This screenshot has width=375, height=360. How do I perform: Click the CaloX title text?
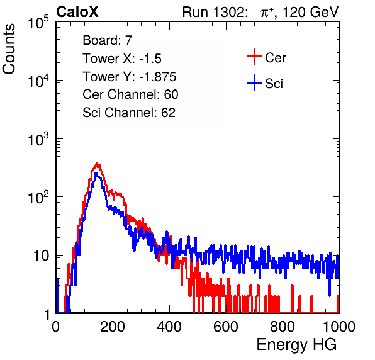coord(77,12)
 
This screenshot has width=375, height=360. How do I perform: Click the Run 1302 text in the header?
coord(215,12)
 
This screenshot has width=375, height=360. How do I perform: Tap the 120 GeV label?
coord(310,13)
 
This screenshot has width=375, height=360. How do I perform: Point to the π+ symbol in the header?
coord(267,13)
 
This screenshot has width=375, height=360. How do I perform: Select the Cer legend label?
coord(275,58)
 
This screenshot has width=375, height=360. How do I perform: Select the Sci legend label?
coord(274,84)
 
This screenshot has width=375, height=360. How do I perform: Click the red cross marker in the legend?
coord(254,57)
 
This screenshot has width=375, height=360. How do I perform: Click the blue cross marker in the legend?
coord(254,82)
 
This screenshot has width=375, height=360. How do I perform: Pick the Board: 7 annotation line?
coord(108,40)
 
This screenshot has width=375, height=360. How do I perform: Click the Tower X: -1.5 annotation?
coord(122,59)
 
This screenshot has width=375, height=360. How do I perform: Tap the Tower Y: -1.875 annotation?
coord(130,77)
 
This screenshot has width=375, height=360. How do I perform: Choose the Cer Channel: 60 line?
coord(130,94)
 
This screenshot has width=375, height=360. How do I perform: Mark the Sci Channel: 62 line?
coord(129,113)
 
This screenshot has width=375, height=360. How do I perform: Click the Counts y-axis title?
coord(9,49)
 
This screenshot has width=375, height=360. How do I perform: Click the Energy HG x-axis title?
coord(296,345)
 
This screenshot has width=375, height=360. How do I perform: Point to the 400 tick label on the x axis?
coord(169,327)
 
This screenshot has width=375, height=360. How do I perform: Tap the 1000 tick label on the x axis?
coord(339,327)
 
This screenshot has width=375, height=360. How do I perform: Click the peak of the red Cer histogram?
coord(97,163)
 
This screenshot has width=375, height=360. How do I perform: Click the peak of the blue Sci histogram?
coord(96,172)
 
